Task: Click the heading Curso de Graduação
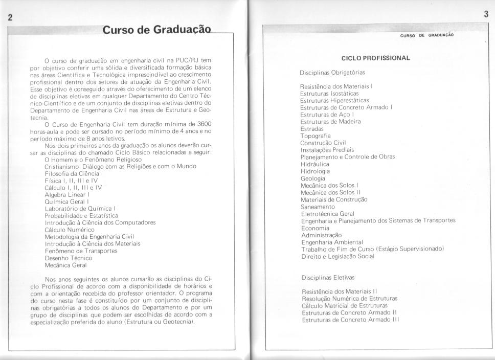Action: pyautogui.click(x=156, y=30)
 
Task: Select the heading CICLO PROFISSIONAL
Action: pyautogui.click(x=376, y=58)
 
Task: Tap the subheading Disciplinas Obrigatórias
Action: pyautogui.click(x=332, y=73)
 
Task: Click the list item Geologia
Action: pyautogui.click(x=312, y=178)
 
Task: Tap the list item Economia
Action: pyautogui.click(x=315, y=228)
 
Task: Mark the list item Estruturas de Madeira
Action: pyautogui.click(x=330, y=122)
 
